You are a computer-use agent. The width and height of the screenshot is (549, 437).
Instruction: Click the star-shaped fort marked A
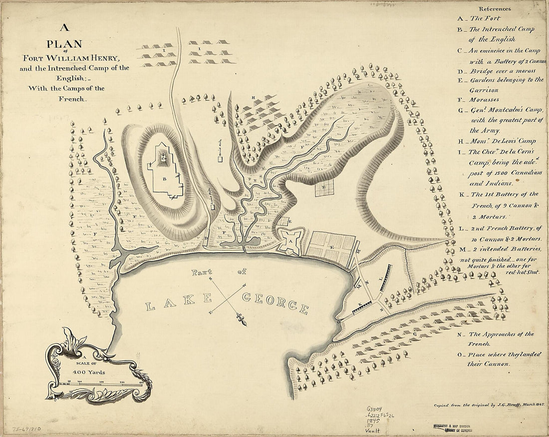[x=288, y=240]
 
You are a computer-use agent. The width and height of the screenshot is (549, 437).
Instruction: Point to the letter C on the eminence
[x=163, y=157]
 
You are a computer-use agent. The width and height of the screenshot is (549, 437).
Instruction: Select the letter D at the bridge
[x=206, y=239]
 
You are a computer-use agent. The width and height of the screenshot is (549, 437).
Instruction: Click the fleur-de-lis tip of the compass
[x=244, y=320]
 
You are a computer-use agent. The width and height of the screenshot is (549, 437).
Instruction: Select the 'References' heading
[x=494, y=8]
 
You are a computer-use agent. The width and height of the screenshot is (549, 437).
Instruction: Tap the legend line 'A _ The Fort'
[x=480, y=18]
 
